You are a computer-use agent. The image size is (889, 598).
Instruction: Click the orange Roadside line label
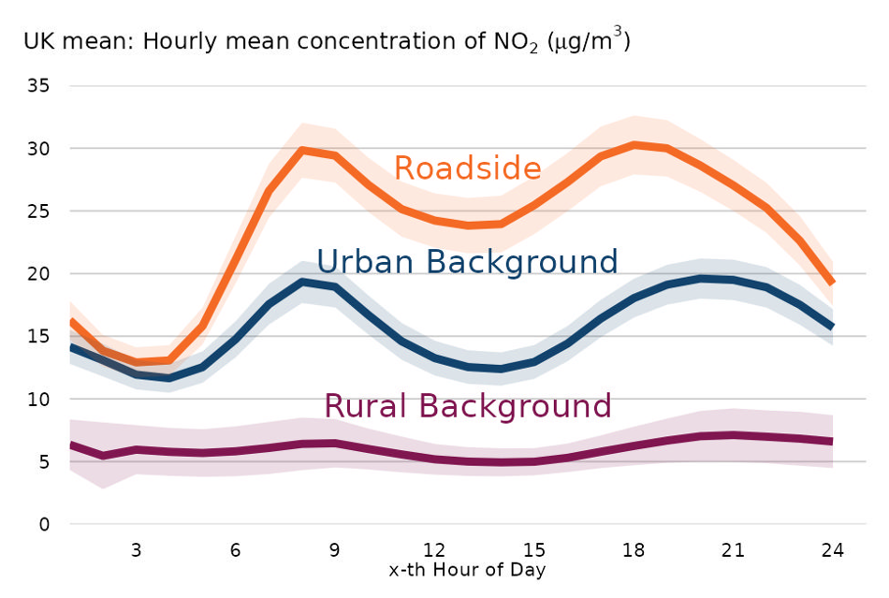point(467,168)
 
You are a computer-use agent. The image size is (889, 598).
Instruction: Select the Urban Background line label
point(467,261)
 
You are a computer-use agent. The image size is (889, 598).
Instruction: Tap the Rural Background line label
point(467,406)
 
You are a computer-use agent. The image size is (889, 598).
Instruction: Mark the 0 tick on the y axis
point(43,525)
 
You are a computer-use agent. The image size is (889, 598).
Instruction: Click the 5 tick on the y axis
point(43,462)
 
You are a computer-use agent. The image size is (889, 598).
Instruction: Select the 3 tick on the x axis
point(136,550)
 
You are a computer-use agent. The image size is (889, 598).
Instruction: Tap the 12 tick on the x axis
point(434,550)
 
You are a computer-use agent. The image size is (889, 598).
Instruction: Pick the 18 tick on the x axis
point(634,550)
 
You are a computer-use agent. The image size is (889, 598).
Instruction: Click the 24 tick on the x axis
point(833,550)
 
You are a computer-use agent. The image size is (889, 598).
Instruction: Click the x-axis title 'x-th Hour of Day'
point(466,569)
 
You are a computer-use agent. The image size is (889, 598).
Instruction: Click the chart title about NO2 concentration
point(327,42)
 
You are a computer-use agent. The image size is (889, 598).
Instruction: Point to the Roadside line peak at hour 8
point(301,150)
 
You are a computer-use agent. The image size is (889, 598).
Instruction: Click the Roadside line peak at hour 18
point(634,145)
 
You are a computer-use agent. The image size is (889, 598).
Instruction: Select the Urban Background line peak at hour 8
point(301,282)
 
